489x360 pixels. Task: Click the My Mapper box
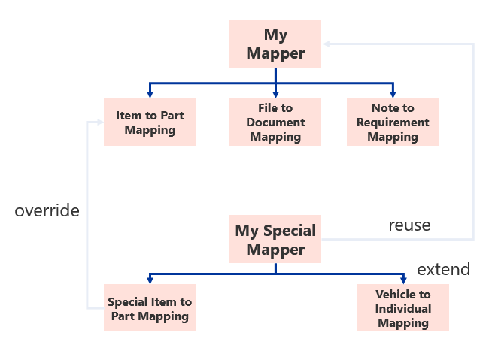tap(275, 44)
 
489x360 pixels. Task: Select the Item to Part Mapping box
tap(150, 122)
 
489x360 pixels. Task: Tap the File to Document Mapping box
tap(275, 122)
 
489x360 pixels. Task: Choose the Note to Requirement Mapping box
tap(393, 122)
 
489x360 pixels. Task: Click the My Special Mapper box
tap(275, 239)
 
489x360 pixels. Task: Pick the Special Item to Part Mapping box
tap(150, 308)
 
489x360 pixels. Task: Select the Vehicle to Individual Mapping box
tap(403, 308)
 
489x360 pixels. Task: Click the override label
tap(47, 211)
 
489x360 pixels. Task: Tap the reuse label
tap(409, 225)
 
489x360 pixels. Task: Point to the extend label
tap(443, 269)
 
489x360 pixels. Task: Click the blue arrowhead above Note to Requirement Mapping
tap(393, 94)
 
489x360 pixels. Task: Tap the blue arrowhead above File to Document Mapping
tap(275, 94)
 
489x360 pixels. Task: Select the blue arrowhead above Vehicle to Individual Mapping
tap(403, 280)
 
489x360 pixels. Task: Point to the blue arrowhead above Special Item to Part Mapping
tap(150, 280)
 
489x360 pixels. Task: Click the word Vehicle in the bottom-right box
tap(403, 295)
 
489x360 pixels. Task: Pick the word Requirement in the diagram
tap(393, 123)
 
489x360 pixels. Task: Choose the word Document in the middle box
tap(275, 123)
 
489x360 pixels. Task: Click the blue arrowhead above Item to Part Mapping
tap(150, 94)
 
